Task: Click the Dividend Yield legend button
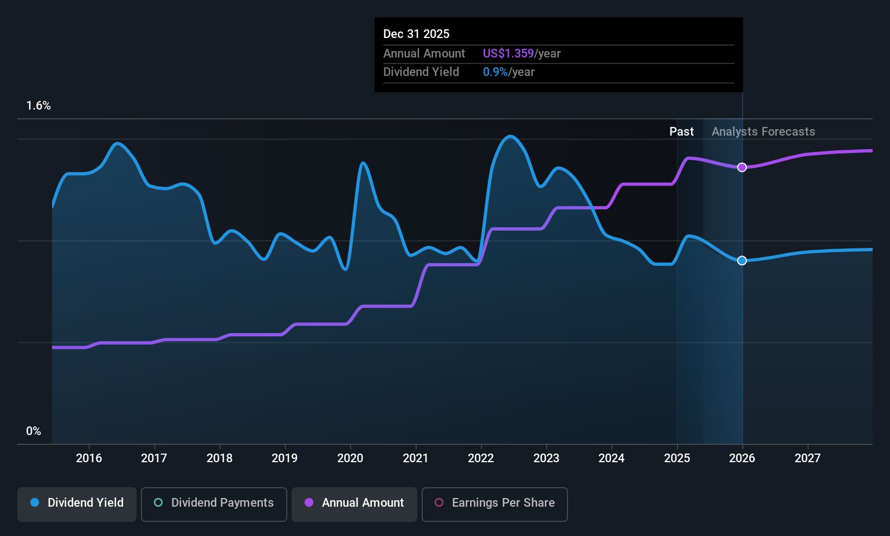76,504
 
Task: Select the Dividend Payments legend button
214,504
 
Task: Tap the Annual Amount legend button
354,504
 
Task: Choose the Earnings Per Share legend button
495,504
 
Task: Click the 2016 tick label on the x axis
89,458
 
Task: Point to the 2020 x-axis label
350,458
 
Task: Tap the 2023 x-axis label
546,458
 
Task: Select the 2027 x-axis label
808,458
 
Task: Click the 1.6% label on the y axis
38,106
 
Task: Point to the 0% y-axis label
34,431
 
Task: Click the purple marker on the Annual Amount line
742,168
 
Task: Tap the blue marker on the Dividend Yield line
742,260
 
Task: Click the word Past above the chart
681,132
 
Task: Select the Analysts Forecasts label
763,132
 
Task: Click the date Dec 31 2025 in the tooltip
416,34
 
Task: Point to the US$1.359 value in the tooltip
508,54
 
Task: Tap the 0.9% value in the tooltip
495,72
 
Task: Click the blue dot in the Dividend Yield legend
35,502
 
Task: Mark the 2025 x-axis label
677,458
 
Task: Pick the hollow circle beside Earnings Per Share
439,502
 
